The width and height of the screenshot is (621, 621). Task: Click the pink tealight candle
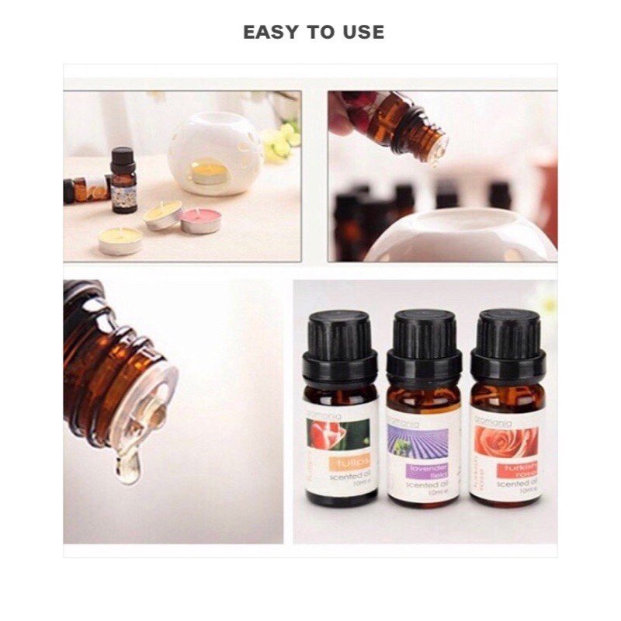click(x=201, y=220)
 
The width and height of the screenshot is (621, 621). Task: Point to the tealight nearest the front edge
click(x=120, y=241)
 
